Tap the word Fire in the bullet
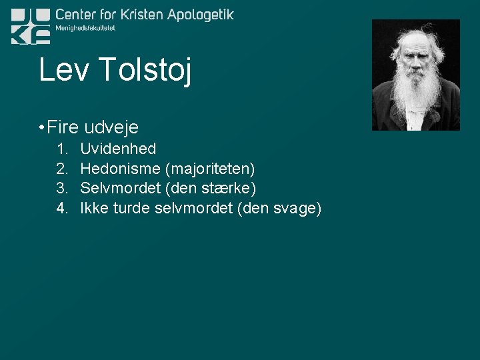[63, 127]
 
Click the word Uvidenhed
[118, 149]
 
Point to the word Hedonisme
[120, 169]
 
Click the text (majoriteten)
[210, 169]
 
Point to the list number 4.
[61, 209]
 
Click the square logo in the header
[31, 27]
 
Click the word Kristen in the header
[139, 15]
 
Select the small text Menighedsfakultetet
[85, 28]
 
